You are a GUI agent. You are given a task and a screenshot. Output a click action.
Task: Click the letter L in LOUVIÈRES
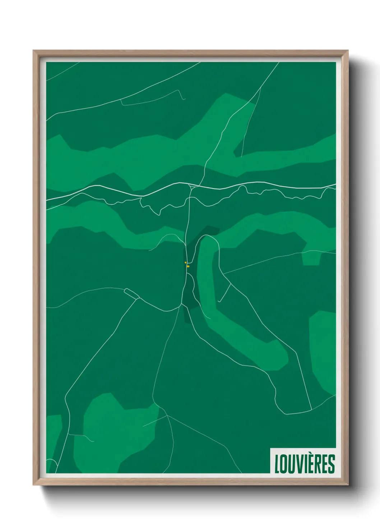[x=277, y=464]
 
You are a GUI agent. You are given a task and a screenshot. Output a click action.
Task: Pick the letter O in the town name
[x=283, y=464]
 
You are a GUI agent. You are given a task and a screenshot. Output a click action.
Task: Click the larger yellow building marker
[x=188, y=266]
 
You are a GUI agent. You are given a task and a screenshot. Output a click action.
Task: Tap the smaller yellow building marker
[x=185, y=263]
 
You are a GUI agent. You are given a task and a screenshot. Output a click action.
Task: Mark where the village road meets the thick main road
[x=190, y=186]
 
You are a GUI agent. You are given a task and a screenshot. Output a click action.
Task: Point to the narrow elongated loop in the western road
[x=131, y=293]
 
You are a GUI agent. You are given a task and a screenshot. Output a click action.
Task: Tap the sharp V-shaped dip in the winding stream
[x=159, y=215]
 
